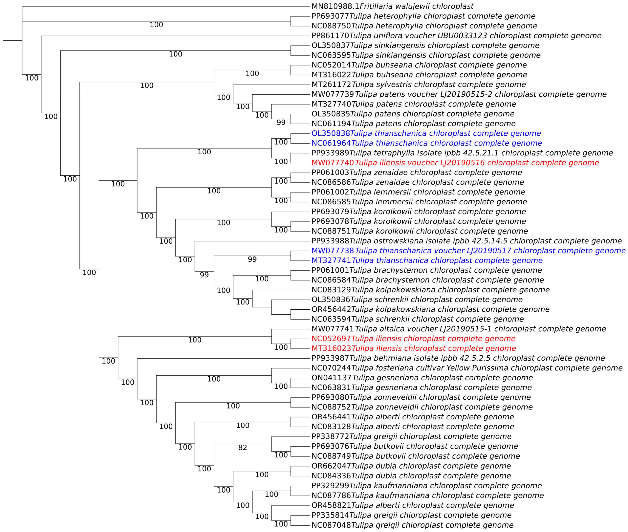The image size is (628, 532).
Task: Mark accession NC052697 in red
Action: (331, 339)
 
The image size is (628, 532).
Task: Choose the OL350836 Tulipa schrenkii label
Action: (417, 300)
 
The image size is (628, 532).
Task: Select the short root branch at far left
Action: (12, 40)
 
